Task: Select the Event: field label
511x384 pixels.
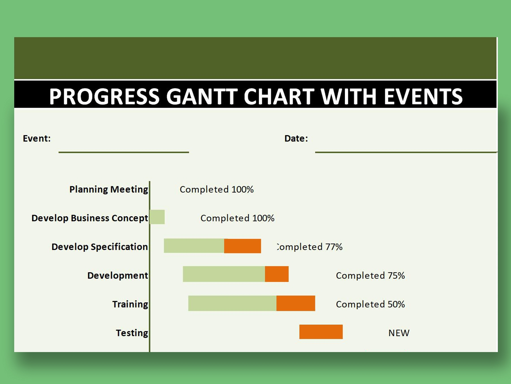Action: pos(37,139)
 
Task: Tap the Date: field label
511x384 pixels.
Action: pos(296,139)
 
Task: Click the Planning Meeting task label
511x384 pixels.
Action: pos(109,189)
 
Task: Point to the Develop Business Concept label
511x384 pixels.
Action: pos(89,218)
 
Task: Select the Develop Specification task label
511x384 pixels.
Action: pos(99,247)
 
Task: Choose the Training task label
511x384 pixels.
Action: pos(130,304)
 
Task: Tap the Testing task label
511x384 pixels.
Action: pos(132,333)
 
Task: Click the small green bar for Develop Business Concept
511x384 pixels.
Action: pos(157,217)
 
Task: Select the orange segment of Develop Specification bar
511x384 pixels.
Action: pos(242,246)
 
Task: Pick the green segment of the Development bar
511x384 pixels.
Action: pos(224,274)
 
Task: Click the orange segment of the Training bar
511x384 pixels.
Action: pos(295,303)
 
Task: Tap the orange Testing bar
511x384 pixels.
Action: pos(321,332)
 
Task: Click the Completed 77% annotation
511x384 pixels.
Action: pos(310,247)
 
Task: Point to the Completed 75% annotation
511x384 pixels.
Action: pos(370,276)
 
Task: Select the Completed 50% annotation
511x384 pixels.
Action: pos(370,304)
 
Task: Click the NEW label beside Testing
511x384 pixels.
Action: pos(399,333)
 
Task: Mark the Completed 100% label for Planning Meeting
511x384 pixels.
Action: pos(216,190)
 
